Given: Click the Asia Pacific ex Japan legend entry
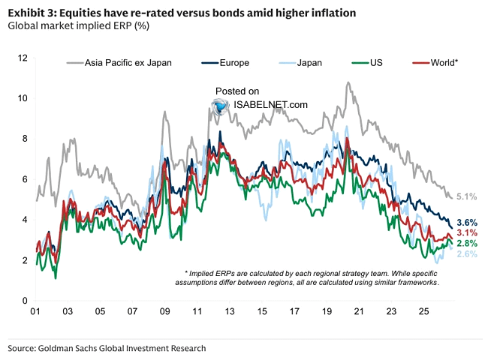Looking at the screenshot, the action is coord(119,63).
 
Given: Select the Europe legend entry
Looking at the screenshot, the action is coord(225,63).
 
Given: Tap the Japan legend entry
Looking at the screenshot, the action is coord(300,63).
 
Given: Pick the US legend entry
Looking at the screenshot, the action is coord(367,63).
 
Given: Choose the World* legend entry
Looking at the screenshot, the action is coord(435,63).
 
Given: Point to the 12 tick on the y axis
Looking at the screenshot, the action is coord(23,58).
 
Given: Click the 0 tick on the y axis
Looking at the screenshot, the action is coord(25,301).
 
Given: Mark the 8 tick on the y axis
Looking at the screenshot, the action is coord(25,139).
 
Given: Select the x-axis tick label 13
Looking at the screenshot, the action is coord(230,311).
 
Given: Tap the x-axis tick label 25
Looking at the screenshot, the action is coord(423,311).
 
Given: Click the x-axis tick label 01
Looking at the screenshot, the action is coord(35,311).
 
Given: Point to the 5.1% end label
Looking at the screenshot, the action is coord(466,196).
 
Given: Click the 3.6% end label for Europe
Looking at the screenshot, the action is coord(467,223).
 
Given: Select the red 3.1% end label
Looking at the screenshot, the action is coord(467,232).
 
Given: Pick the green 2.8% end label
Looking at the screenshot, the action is coord(467,244).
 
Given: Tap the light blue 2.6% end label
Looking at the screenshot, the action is coord(467,254).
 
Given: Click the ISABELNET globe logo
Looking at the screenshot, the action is coord(220,106).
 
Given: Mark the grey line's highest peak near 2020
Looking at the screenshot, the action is coord(348,82).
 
